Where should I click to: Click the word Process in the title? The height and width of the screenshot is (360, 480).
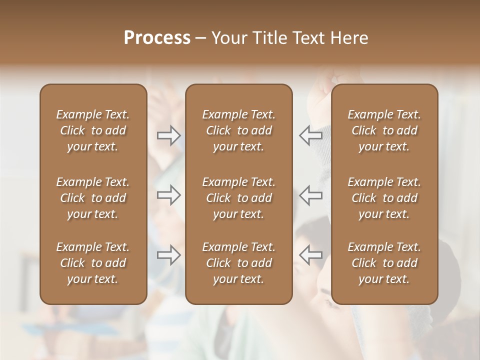157,38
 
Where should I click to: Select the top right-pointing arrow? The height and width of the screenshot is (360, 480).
168,135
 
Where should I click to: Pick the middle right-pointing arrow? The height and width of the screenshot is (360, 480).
168,195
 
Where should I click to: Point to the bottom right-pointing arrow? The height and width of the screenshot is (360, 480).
168,255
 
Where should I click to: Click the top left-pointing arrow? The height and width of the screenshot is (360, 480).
311,135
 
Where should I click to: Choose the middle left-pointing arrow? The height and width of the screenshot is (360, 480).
311,195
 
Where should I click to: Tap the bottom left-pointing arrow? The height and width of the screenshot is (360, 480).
311,255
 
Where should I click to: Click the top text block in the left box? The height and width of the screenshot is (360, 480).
93,130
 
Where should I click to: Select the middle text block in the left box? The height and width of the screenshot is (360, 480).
93,198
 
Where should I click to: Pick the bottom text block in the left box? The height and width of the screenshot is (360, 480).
93,263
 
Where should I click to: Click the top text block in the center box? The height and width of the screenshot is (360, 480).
238,130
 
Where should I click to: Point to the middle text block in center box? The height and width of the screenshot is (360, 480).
238,198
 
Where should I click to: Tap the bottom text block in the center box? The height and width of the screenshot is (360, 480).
238,263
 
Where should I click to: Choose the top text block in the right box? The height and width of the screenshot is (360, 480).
384,130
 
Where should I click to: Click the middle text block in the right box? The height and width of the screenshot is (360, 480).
384,198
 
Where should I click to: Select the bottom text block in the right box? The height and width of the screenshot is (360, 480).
384,263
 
